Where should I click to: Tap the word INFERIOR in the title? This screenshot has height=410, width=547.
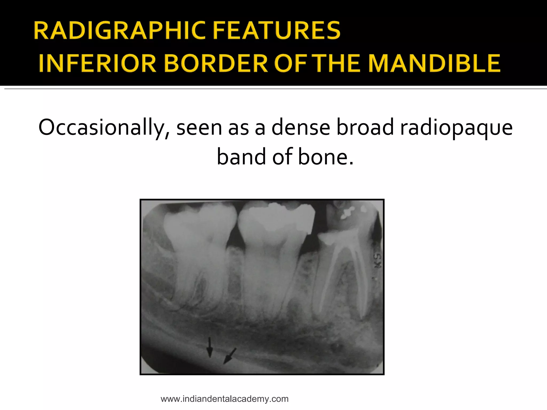(x=97, y=64)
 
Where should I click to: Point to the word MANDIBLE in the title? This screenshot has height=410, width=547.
(x=434, y=64)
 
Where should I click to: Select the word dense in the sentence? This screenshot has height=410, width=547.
(x=301, y=128)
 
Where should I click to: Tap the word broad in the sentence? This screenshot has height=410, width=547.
(x=365, y=128)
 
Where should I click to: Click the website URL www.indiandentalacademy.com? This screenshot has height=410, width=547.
(x=224, y=399)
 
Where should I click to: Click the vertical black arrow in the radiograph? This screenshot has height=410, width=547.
(x=210, y=347)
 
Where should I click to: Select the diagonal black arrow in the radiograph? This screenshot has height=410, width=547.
(x=230, y=356)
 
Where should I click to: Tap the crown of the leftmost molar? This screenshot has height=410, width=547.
(x=199, y=224)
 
